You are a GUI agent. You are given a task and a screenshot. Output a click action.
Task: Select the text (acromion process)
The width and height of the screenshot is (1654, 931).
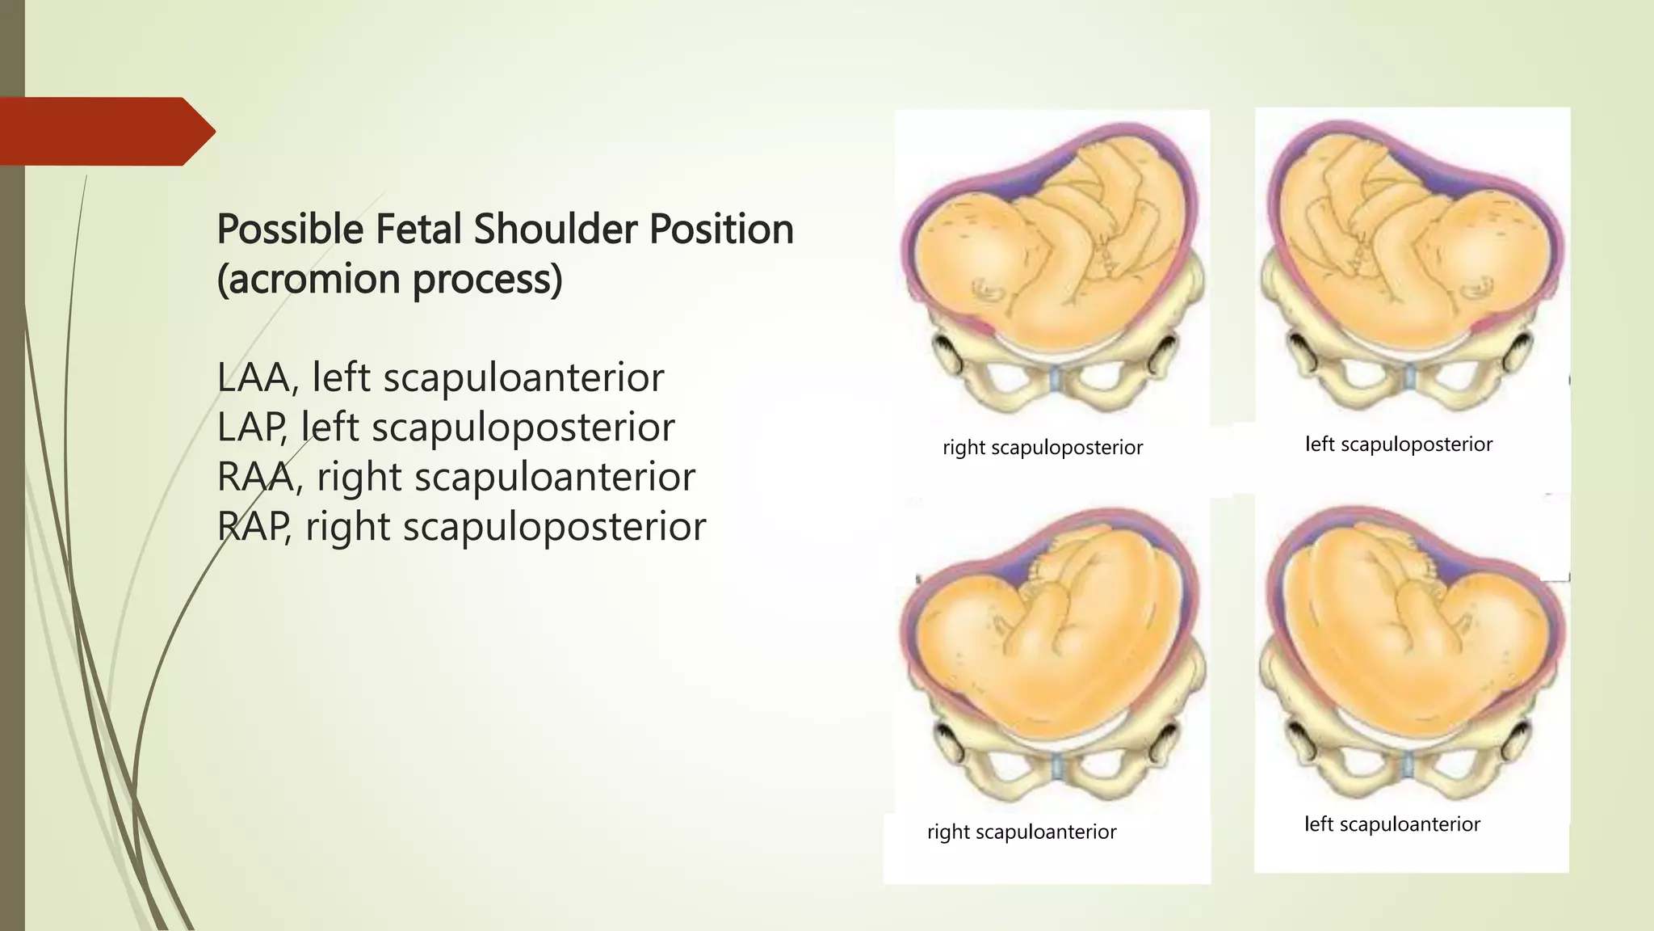pyautogui.click(x=389, y=280)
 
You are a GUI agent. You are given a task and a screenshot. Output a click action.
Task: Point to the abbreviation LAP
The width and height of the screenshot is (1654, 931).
pyautogui.click(x=251, y=428)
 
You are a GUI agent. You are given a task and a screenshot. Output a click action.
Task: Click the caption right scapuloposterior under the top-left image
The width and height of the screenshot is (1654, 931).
pyautogui.click(x=1043, y=448)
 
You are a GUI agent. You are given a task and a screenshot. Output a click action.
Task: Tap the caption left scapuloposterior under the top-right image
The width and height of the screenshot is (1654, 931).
pyautogui.click(x=1399, y=444)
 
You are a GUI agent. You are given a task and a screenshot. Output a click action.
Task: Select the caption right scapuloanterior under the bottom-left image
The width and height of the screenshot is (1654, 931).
pyautogui.click(x=1022, y=832)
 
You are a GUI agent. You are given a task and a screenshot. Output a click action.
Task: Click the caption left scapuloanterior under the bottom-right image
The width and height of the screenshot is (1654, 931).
pyautogui.click(x=1392, y=824)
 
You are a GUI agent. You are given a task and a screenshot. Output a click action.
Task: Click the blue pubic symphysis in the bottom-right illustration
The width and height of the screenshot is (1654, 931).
pyautogui.click(x=1408, y=763)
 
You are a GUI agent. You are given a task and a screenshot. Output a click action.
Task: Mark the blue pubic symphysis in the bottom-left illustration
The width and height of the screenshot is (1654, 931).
pyautogui.click(x=1056, y=764)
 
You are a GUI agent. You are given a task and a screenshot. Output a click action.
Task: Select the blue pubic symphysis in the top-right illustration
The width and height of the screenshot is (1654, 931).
pyautogui.click(x=1409, y=377)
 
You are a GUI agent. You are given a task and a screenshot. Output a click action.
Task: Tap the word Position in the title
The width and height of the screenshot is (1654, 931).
pyautogui.click(x=721, y=229)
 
